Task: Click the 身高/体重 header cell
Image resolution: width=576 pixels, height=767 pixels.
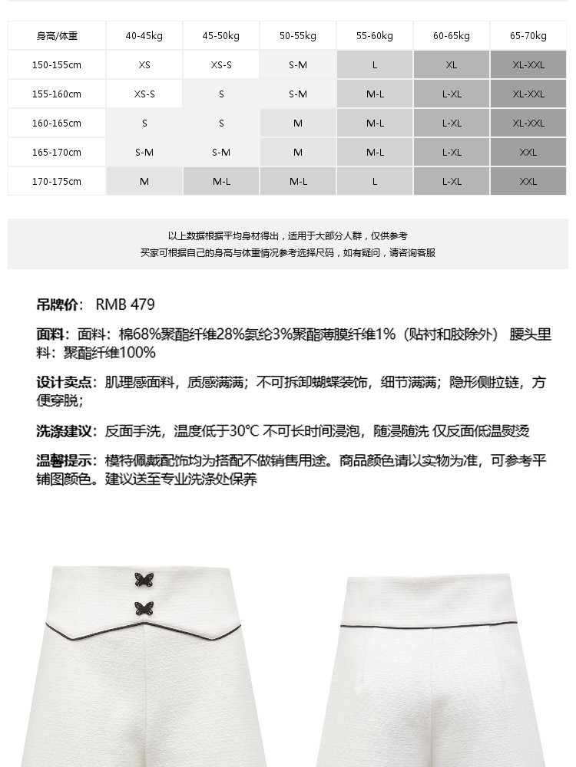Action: pos(57,36)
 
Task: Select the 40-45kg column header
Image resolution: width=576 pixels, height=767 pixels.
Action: pos(144,36)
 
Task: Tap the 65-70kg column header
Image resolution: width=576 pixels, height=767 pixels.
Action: pos(528,36)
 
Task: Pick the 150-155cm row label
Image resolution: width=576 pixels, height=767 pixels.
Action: pos(57,65)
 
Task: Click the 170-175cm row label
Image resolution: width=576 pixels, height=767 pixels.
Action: pos(57,182)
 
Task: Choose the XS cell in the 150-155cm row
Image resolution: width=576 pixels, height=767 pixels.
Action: pos(144,65)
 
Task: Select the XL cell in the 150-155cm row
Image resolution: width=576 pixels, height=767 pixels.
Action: pos(452,65)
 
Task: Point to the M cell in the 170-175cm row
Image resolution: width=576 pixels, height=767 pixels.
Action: pos(144,182)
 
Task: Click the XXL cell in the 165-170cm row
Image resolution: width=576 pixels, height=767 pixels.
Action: pos(528,153)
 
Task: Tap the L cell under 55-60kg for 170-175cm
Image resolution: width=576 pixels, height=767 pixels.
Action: pos(375,182)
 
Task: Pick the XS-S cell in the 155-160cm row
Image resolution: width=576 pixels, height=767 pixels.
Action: pos(144,94)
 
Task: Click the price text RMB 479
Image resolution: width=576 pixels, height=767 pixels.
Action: pos(125,304)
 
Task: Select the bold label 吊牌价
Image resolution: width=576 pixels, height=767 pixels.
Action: pos(58,304)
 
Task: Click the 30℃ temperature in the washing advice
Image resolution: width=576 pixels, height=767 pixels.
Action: pos(244,431)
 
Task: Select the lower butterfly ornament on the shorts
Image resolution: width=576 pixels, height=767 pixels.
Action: pos(143,608)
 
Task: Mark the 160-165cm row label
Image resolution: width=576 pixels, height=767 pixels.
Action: pos(57,123)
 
